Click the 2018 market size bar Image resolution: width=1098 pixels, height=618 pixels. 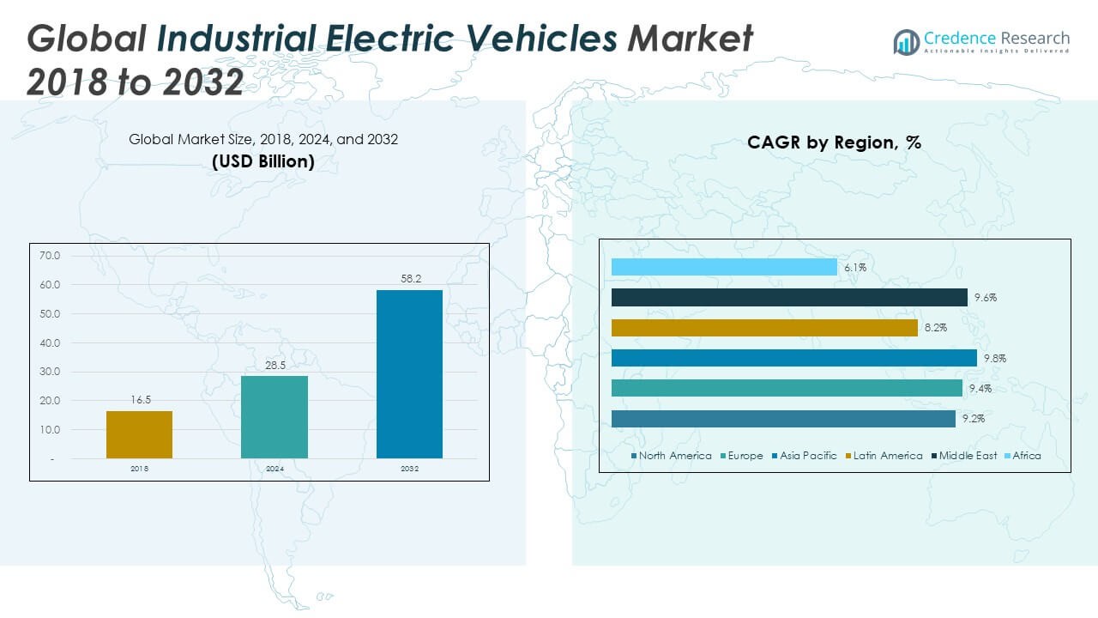[x=139, y=434]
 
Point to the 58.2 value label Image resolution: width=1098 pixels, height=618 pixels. [x=409, y=279]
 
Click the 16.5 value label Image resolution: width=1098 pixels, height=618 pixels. [x=139, y=400]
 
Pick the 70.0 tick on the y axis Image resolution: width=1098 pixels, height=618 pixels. [x=50, y=256]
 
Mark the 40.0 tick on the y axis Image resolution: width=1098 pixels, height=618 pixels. [x=50, y=343]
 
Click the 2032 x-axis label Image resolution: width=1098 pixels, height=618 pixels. [x=409, y=469]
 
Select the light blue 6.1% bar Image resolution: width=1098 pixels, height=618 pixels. [x=724, y=267]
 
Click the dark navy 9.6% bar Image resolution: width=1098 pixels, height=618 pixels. [x=789, y=297]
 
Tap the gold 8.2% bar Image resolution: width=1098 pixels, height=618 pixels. [x=764, y=328]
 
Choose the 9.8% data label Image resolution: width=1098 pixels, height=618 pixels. [x=994, y=359]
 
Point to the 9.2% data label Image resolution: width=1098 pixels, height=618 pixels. [x=973, y=419]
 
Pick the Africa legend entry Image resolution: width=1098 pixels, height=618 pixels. [x=1026, y=456]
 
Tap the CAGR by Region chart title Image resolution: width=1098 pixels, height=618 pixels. [x=834, y=142]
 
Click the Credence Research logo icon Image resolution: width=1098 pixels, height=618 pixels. [x=906, y=41]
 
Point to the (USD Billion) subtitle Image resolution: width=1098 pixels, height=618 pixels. [x=263, y=161]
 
